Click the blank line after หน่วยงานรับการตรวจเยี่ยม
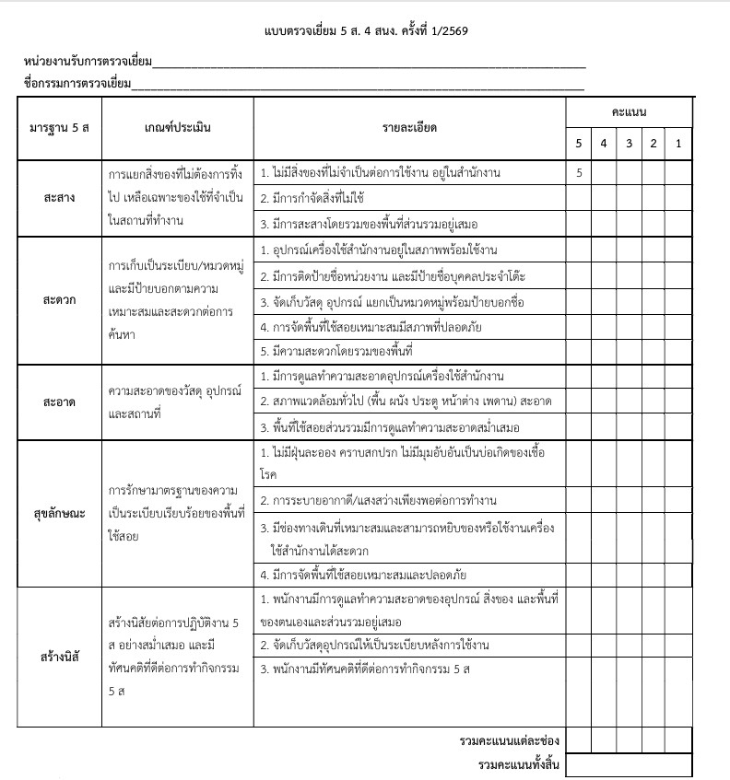click(x=369, y=64)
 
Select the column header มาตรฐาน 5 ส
click(x=59, y=127)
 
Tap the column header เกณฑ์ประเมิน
click(x=178, y=127)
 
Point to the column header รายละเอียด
click(x=409, y=127)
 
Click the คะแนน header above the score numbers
click(x=629, y=111)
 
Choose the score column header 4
click(x=604, y=144)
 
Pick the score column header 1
click(x=678, y=144)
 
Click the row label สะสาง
click(x=59, y=198)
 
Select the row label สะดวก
click(x=59, y=300)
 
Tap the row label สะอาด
click(x=59, y=402)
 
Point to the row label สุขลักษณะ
click(x=59, y=513)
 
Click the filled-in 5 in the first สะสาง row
click(x=579, y=172)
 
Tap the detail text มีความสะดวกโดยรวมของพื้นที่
click(x=335, y=352)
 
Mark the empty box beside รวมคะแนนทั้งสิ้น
click(x=629, y=765)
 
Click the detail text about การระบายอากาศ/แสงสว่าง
click(x=379, y=500)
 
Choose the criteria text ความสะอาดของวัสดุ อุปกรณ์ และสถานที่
click(x=175, y=402)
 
